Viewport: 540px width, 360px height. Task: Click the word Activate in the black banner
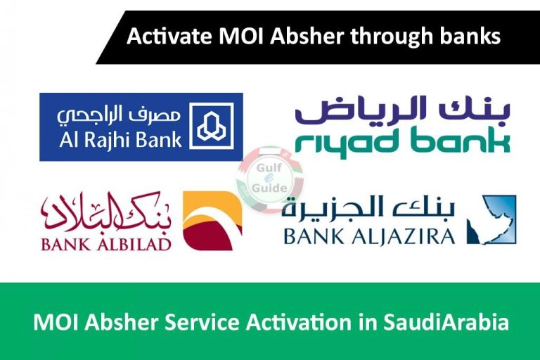(169, 37)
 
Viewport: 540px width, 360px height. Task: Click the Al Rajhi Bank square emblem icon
(211, 126)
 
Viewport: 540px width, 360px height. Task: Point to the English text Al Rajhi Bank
(120, 139)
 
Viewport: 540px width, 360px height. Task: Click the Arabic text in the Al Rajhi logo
(119, 115)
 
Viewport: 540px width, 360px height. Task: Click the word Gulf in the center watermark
(269, 168)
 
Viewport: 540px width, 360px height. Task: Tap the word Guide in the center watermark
(270, 188)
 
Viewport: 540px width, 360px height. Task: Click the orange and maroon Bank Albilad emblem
(212, 221)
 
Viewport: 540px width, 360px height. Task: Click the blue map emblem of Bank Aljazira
(491, 220)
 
